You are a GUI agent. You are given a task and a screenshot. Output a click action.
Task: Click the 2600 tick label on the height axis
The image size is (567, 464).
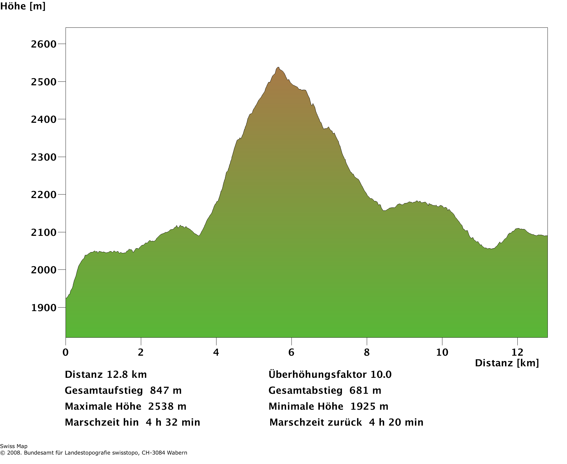tap(43, 44)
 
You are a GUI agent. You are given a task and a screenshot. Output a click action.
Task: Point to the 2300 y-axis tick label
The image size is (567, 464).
tap(43, 157)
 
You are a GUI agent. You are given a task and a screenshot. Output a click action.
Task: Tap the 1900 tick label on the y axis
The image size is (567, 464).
tap(43, 308)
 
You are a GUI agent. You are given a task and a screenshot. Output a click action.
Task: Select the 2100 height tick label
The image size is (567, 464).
tap(43, 233)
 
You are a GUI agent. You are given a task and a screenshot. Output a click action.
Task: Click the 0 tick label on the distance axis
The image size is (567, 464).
tap(66, 352)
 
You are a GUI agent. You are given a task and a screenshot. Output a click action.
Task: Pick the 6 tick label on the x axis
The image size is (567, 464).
tap(291, 352)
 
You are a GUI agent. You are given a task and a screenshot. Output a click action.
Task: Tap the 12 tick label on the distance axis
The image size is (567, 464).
tap(517, 352)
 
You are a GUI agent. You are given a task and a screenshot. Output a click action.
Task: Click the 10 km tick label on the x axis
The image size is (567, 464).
tap(442, 352)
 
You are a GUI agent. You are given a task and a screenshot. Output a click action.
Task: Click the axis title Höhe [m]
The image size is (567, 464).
tap(23, 6)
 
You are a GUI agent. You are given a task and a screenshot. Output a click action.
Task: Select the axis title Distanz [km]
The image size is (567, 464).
tap(507, 363)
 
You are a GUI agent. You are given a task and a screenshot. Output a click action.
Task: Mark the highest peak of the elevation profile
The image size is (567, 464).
tap(278, 68)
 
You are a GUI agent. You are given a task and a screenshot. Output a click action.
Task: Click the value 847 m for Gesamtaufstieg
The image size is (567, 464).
tap(166, 391)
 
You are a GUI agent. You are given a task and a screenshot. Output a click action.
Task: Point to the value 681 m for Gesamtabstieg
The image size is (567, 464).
tap(365, 391)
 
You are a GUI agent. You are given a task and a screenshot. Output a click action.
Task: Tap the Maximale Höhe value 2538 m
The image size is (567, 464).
tap(167, 406)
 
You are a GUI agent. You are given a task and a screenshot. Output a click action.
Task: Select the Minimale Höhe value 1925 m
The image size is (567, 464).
tap(369, 406)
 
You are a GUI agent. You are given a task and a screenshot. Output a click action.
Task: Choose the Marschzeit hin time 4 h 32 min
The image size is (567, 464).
tap(173, 422)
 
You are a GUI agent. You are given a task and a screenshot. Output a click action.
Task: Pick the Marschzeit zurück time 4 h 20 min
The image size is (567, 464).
tap(396, 422)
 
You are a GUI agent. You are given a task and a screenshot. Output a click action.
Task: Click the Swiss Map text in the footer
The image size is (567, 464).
tap(14, 446)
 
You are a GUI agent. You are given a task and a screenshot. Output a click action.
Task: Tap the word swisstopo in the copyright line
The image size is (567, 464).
tap(124, 453)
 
